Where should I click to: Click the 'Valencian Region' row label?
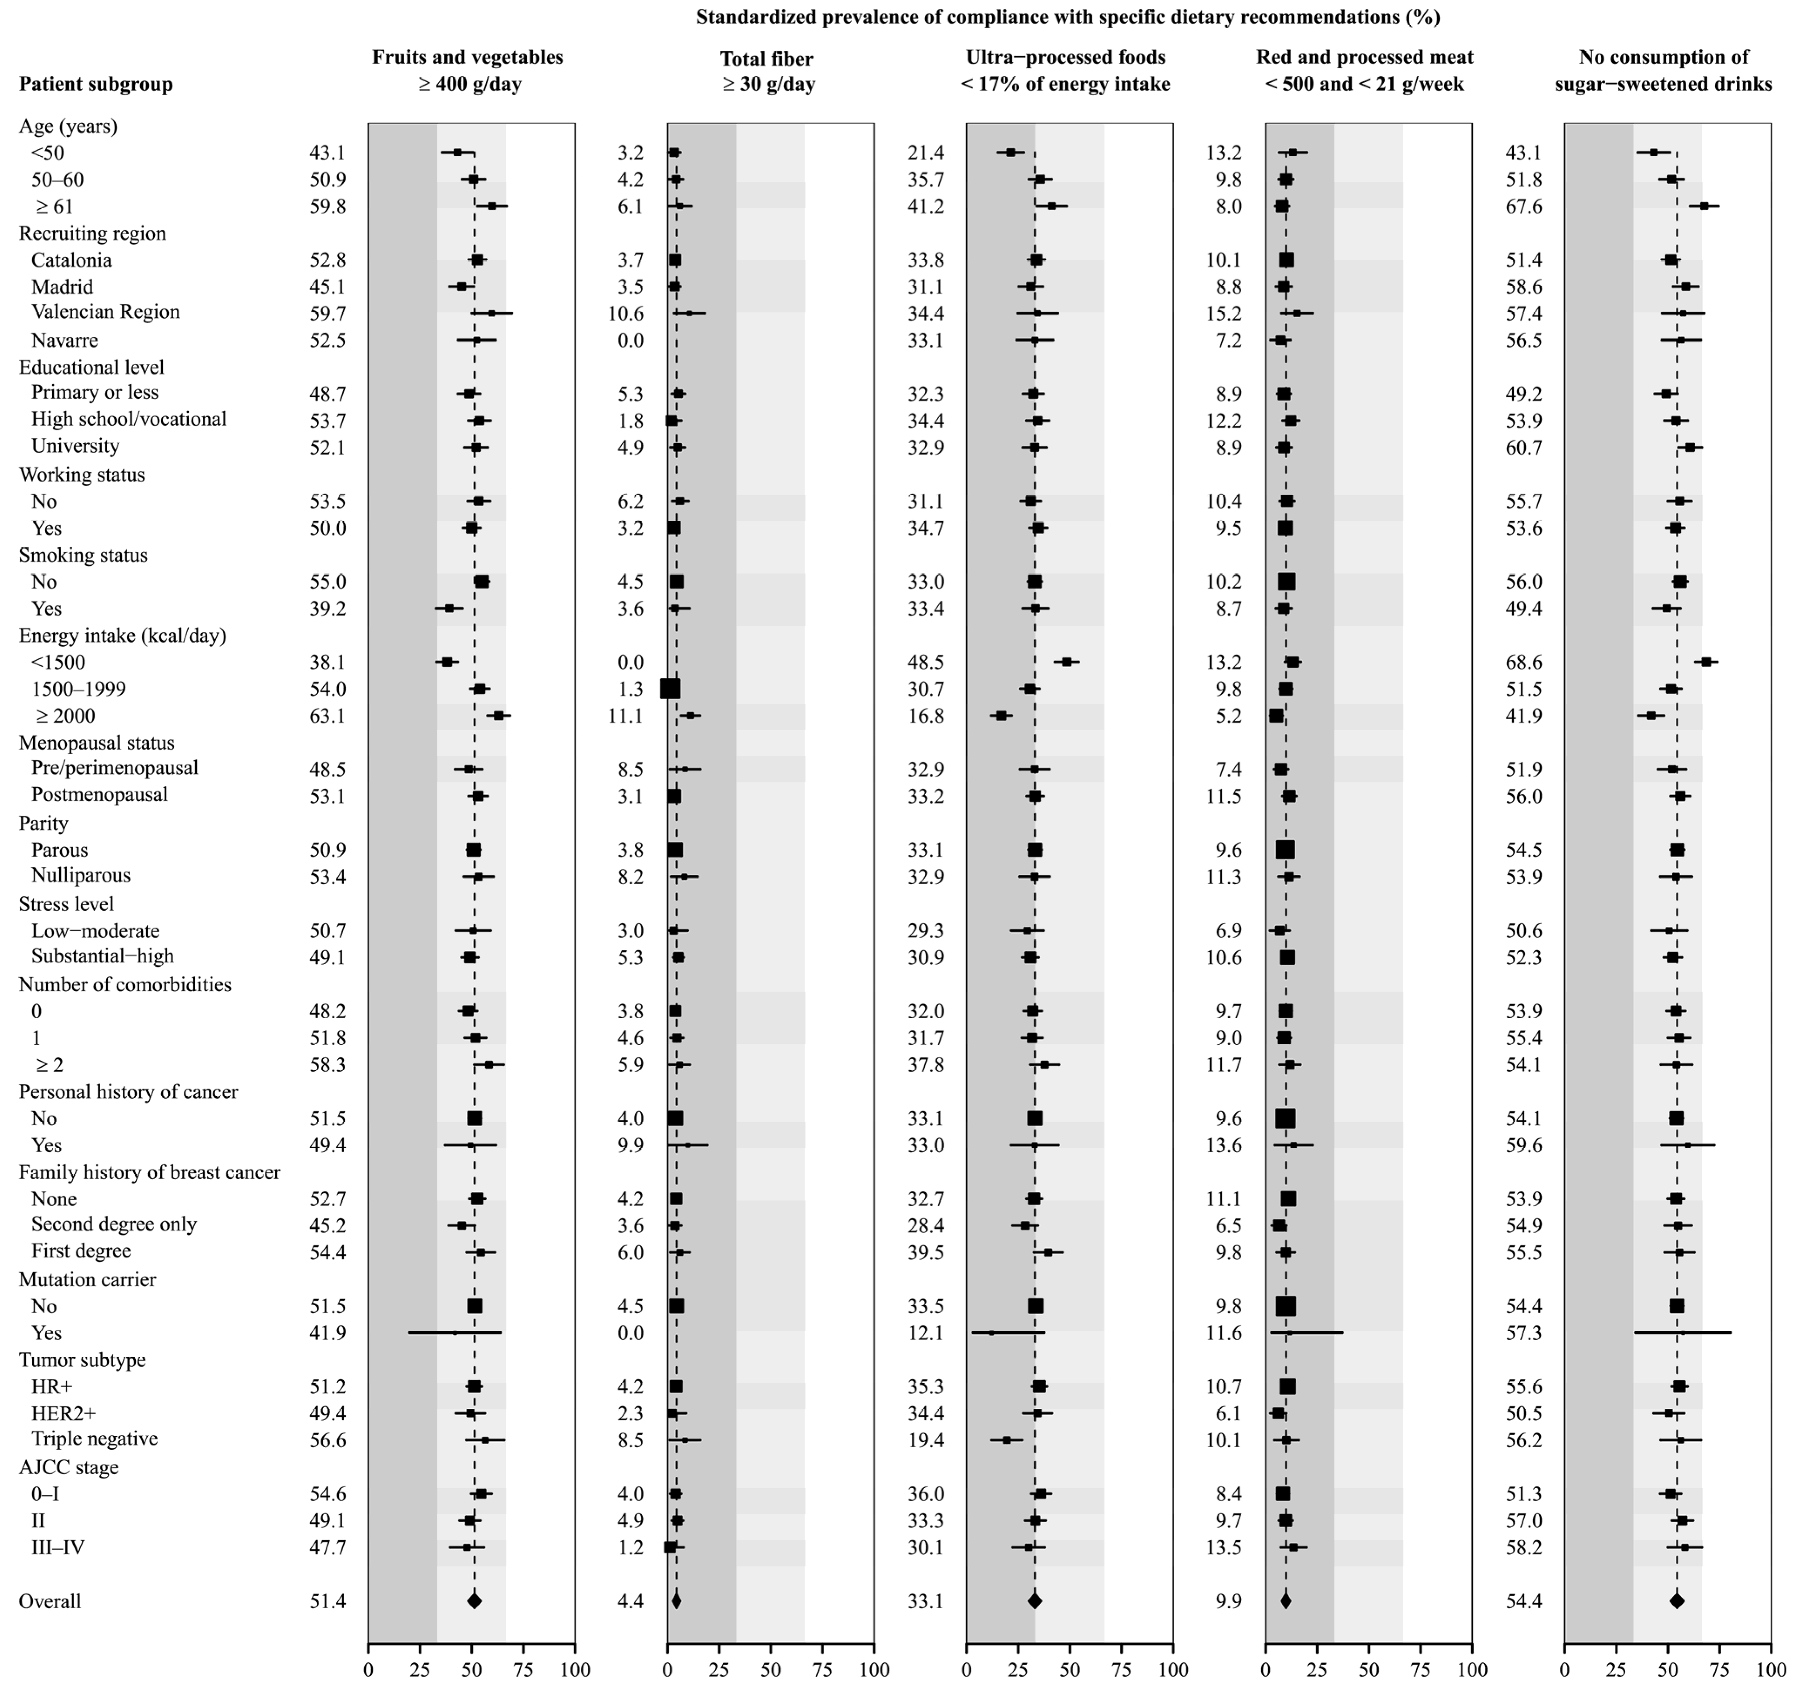click(105, 312)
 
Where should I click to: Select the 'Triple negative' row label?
click(94, 1438)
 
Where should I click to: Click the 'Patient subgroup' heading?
click(95, 84)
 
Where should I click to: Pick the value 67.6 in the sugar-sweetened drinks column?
click(1524, 207)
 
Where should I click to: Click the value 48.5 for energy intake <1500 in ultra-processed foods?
click(926, 662)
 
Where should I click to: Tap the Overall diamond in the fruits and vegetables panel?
click(474, 1601)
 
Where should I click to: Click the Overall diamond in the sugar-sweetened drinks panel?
click(1677, 1601)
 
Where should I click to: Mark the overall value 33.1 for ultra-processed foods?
click(926, 1601)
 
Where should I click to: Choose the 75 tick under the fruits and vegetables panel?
click(523, 1670)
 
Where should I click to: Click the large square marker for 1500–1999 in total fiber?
click(670, 688)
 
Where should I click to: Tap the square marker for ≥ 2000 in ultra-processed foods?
click(1001, 716)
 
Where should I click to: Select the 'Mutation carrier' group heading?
click(88, 1279)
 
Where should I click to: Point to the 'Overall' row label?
click(50, 1601)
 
